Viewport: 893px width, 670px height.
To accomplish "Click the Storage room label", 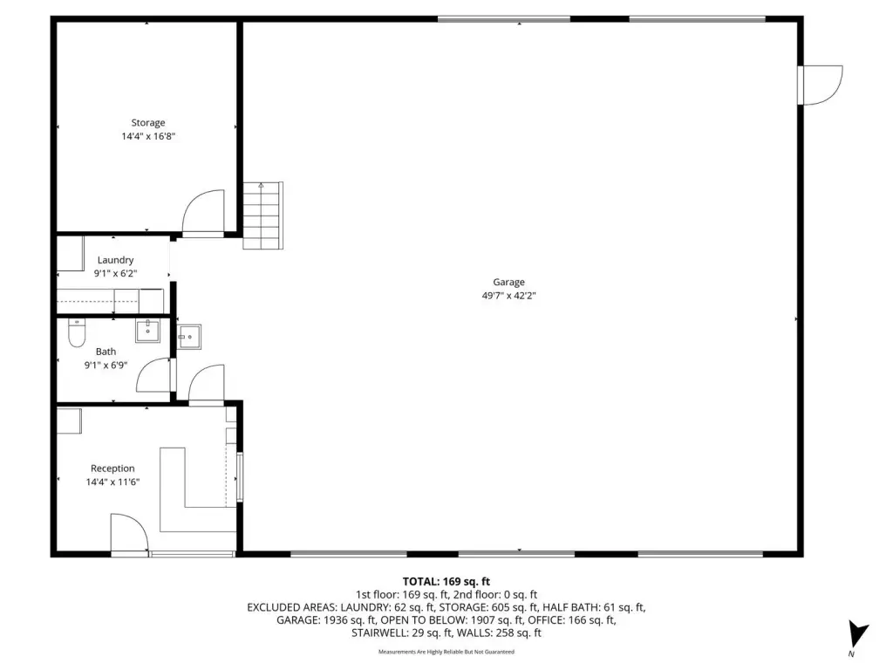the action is click(x=148, y=122).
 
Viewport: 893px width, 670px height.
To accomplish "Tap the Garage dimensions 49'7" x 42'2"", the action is click(x=508, y=296).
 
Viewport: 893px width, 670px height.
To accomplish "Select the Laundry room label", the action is click(x=115, y=260).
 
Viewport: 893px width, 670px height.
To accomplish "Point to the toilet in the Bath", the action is click(x=77, y=332).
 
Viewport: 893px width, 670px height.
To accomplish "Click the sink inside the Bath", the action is click(x=147, y=331).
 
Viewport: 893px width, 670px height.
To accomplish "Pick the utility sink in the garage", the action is click(x=189, y=337).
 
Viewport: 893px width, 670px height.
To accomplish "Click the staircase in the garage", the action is click(x=263, y=215).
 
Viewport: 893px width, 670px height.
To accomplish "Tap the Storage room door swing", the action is click(x=203, y=212).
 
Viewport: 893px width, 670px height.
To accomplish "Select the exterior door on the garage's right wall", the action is click(x=820, y=85).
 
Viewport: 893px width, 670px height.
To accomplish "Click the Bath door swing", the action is click(x=153, y=375).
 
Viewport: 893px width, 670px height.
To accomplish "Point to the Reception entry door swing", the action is click(x=129, y=533).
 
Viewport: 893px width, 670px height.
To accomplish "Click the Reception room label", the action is click(x=112, y=468).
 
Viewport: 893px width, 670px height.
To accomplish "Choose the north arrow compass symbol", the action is click(x=857, y=635).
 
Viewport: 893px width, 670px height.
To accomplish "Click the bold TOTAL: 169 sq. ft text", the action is click(x=446, y=582).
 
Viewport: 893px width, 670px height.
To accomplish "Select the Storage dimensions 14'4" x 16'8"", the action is click(x=148, y=136).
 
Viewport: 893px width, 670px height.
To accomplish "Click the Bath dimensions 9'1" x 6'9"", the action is click(x=106, y=366).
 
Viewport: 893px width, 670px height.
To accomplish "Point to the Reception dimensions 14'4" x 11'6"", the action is click(x=112, y=482).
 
